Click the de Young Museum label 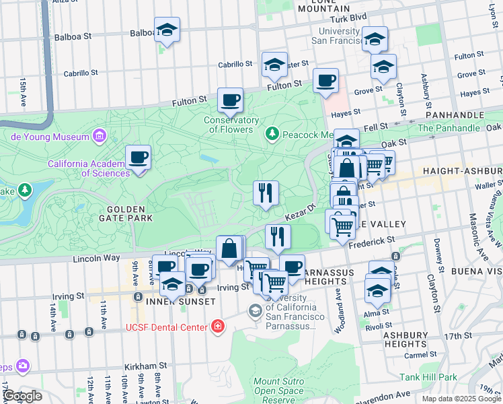(50, 137)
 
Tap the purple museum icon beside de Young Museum (100, 137)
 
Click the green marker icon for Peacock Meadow (272, 134)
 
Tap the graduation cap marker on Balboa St (167, 30)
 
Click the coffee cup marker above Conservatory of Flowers (230, 100)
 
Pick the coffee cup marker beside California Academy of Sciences (138, 158)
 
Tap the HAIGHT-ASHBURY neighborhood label (462, 172)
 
